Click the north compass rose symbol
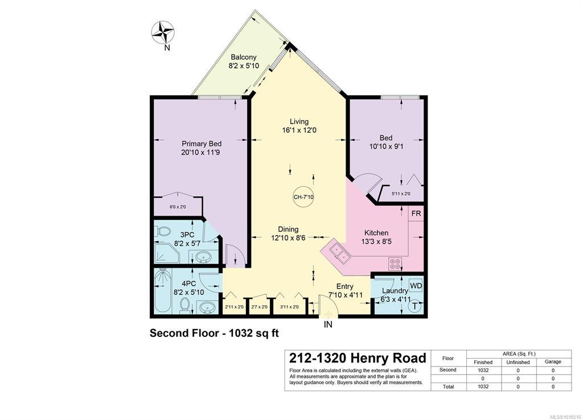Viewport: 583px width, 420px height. tap(163, 32)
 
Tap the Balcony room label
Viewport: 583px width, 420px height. tap(244, 57)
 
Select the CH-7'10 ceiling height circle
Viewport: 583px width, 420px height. tap(303, 197)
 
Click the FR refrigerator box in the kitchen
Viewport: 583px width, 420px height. tap(416, 214)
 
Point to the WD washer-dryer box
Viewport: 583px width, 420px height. tap(416, 286)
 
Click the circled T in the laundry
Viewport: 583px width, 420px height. tap(415, 307)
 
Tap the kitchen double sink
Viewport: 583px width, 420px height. tap(340, 252)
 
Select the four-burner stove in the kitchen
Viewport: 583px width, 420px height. tap(395, 264)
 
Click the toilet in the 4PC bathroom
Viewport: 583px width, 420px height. tap(184, 306)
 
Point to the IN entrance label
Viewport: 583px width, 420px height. tap(328, 324)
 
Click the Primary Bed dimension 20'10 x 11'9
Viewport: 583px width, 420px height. tap(201, 153)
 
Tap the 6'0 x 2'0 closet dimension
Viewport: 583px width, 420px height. tap(178, 207)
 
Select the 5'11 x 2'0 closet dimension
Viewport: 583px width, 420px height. tap(401, 193)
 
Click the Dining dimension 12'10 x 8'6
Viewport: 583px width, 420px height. tap(288, 238)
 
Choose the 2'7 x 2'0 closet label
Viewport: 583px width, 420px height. tap(259, 307)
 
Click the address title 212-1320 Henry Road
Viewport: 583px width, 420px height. tap(358, 359)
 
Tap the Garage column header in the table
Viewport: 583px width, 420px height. tap(553, 361)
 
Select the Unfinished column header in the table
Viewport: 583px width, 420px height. tap(518, 362)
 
